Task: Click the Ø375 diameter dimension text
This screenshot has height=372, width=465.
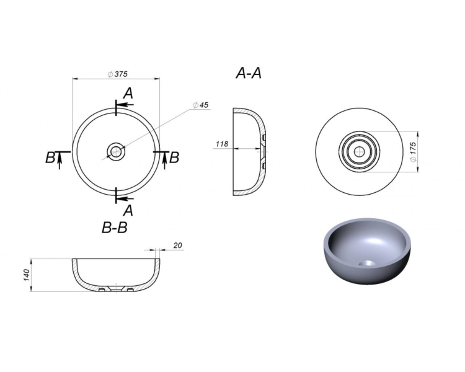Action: pos(117,74)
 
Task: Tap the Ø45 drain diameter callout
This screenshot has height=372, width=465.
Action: pos(200,105)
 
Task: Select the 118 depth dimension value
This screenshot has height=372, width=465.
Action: pos(222,144)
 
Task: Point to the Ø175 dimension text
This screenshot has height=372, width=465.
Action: pos(413,151)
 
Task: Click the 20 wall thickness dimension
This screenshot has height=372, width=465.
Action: pos(178,246)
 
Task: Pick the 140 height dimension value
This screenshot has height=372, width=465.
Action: pos(27,275)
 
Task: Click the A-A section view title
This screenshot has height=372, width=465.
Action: pos(249,73)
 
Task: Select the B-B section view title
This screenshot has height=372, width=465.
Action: pos(115,228)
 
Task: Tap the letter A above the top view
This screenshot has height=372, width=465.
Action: pos(128,93)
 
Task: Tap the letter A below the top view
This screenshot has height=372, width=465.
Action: pos(128,211)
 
